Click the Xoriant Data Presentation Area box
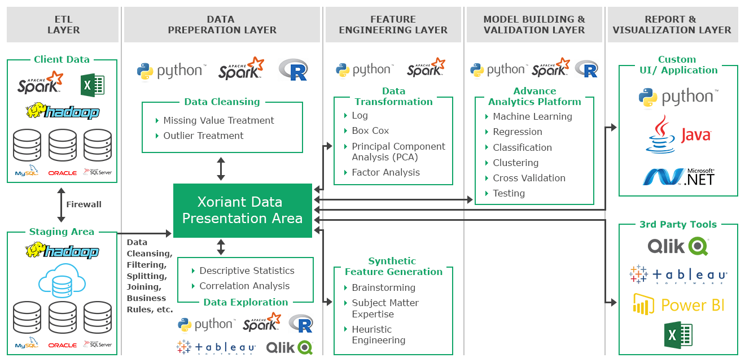(243, 210)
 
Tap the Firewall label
(84, 204)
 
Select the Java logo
(678, 134)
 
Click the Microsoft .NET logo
(678, 177)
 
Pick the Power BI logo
(678, 304)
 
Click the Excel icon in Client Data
(93, 85)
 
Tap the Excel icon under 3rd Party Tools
(678, 335)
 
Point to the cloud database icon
(62, 281)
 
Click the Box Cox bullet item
(370, 131)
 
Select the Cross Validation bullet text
(529, 178)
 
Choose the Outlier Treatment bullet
(203, 136)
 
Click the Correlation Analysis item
(244, 286)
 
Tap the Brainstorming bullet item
(383, 287)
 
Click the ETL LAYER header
(63, 25)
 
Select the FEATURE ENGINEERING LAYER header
(393, 25)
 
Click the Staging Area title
(62, 232)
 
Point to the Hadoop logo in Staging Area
(62, 251)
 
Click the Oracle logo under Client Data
(63, 173)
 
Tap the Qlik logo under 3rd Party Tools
(678, 246)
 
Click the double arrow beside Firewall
(61, 204)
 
